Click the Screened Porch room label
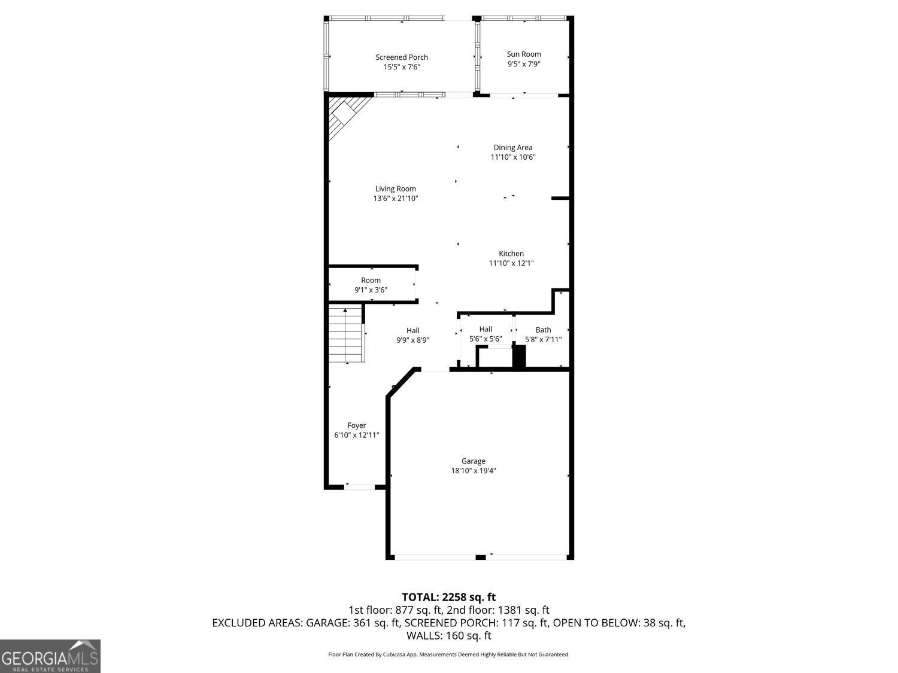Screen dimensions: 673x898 click(x=402, y=57)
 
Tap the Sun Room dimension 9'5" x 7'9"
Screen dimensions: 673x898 click(x=524, y=64)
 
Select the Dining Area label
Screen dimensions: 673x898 click(x=512, y=148)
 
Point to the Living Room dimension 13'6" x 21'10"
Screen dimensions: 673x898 click(x=396, y=199)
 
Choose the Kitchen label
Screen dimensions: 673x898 click(x=511, y=254)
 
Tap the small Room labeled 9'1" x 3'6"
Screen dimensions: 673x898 click(x=371, y=285)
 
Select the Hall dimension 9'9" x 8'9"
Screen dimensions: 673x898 click(x=412, y=340)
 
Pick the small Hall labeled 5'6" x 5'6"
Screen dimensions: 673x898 click(x=486, y=334)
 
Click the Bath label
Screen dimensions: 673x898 click(x=543, y=330)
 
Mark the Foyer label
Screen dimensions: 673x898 click(x=357, y=426)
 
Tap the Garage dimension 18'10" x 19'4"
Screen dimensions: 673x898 click(x=473, y=471)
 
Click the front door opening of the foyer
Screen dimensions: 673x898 click(x=359, y=487)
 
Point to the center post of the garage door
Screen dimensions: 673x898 click(x=480, y=558)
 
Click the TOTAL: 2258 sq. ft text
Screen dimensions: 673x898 click(x=448, y=597)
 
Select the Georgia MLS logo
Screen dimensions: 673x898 click(x=50, y=656)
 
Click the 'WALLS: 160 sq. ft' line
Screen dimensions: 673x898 click(x=448, y=635)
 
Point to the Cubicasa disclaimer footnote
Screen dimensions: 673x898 click(x=448, y=654)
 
